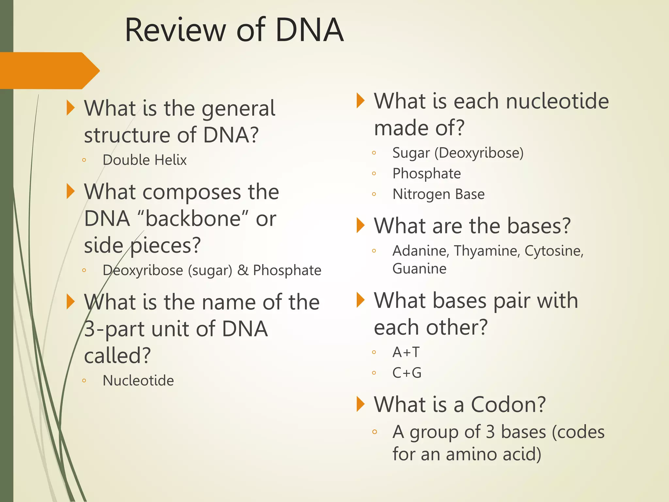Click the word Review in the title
[175, 30]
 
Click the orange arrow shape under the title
[49, 70]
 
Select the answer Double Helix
[144, 160]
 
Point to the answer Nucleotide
[138, 380]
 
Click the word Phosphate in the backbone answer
[287, 270]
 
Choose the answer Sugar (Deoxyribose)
[458, 153]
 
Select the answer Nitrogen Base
[438, 194]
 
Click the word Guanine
[419, 269]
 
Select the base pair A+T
[406, 352]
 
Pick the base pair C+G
[407, 373]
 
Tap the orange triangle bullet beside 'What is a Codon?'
[360, 404]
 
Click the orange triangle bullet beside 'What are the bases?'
[360, 226]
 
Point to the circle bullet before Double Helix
[84, 160]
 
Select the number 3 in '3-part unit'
[90, 329]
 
